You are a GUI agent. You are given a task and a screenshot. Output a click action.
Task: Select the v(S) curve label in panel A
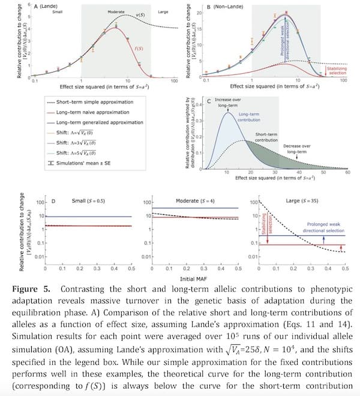coord(140,14)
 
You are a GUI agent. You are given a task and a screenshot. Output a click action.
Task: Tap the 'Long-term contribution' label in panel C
coord(248,116)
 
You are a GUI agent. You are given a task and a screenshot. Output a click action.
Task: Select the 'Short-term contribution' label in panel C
coord(266,137)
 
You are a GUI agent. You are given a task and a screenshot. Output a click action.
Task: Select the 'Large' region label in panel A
coord(163,11)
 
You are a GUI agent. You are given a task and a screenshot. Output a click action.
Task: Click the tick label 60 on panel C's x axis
coord(347,172)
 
